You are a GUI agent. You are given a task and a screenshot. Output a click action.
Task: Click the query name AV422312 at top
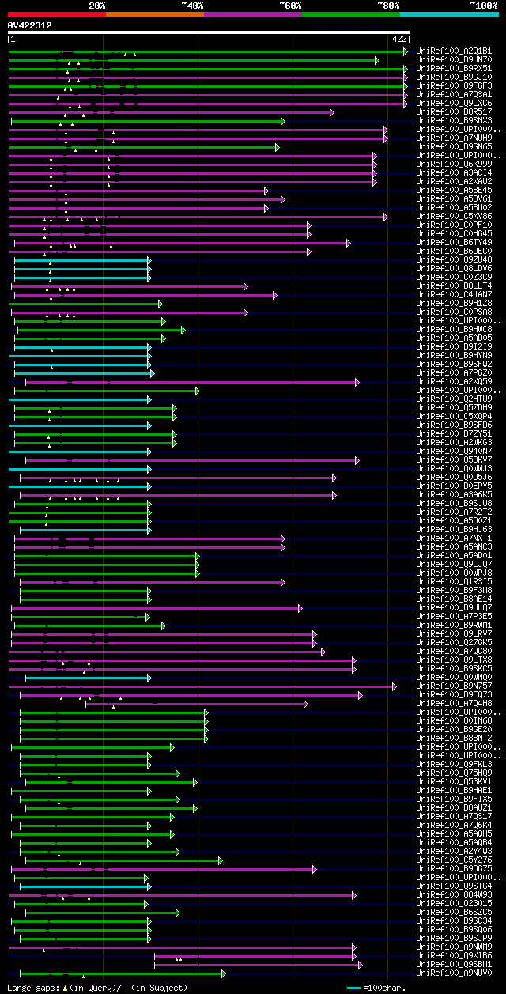tap(30, 25)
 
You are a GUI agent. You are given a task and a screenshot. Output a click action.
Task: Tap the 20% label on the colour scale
tap(97, 6)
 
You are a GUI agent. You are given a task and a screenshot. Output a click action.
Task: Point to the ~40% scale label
tap(192, 6)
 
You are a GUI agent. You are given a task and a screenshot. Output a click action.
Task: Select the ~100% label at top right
tap(484, 6)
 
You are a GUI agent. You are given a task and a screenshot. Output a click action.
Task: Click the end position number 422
tap(399, 38)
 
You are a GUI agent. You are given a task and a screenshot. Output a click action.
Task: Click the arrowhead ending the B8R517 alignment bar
tap(332, 112)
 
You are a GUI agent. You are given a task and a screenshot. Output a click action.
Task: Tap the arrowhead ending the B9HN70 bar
tap(377, 60)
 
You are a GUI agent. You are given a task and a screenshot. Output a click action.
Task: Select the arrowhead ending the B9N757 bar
tap(395, 686)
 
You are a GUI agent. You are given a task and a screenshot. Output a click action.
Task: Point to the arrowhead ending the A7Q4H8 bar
tap(306, 704)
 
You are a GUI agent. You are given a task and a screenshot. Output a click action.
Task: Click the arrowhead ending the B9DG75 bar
tap(315, 869)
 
